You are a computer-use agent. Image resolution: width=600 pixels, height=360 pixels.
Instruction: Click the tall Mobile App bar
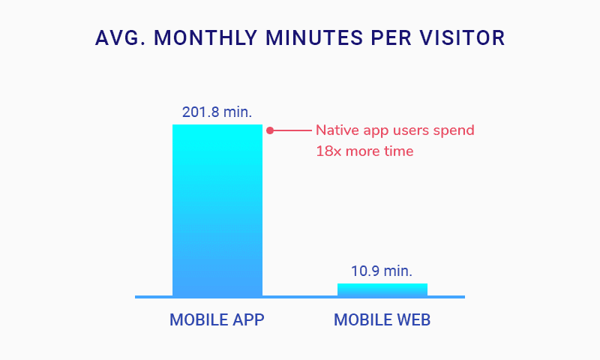coord(217,210)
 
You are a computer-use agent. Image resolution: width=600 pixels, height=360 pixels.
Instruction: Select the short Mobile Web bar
coord(382,289)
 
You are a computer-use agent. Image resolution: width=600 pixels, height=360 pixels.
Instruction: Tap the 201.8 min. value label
coord(217,112)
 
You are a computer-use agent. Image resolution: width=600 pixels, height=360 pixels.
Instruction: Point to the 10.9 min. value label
coord(382,271)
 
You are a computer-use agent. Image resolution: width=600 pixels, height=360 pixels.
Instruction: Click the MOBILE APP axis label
coord(217,320)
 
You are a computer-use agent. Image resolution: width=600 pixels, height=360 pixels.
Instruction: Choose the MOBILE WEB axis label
coord(382,320)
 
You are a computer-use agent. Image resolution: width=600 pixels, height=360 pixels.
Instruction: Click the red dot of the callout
coord(270,130)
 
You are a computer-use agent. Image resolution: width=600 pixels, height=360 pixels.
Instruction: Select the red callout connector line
coord(292,130)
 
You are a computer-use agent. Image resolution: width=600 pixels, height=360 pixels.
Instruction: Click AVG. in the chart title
coord(120,38)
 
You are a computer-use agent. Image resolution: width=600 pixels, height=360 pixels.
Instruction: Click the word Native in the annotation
coord(335,130)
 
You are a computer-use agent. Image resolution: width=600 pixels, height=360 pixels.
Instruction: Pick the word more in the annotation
coord(363,151)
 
